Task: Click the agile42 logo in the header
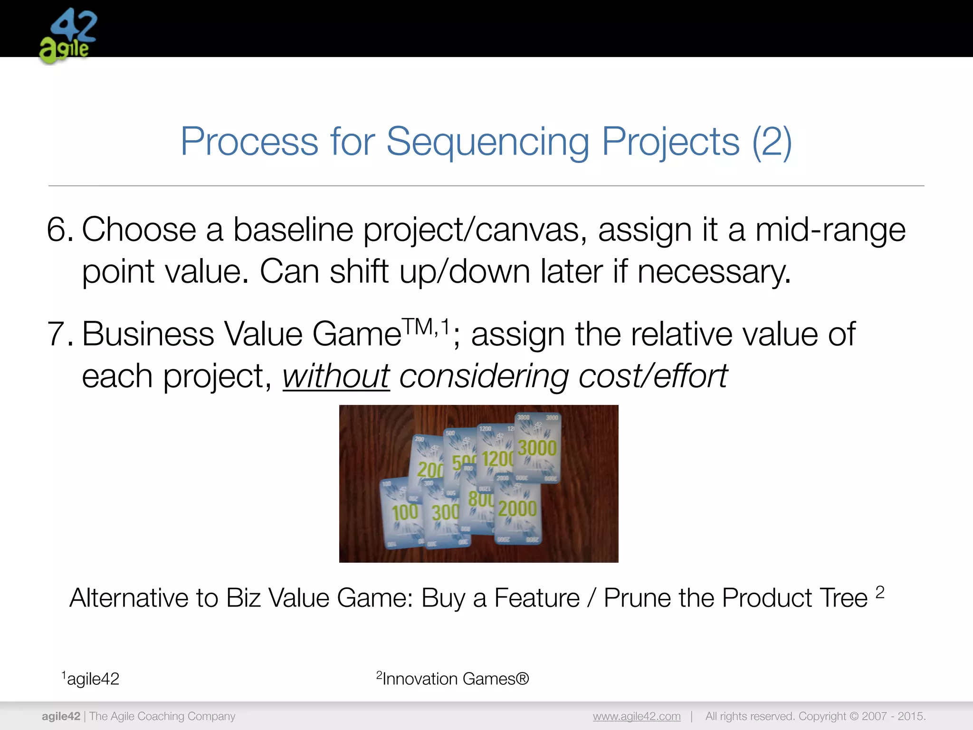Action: point(68,36)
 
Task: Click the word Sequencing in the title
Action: point(487,142)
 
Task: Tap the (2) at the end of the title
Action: point(772,142)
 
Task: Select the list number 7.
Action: point(59,335)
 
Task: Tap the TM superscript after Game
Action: point(418,327)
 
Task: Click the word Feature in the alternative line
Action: point(537,598)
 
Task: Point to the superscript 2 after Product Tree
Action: point(880,592)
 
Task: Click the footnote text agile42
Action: point(93,679)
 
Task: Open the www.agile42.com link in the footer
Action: point(636,716)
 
